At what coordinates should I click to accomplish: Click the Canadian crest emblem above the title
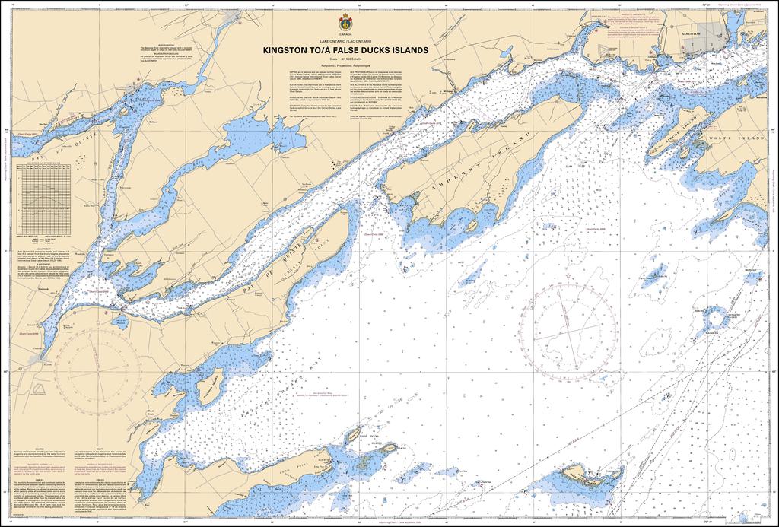tap(345, 23)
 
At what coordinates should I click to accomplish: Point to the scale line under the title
tap(345, 59)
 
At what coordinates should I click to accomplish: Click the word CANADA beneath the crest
tap(345, 33)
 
